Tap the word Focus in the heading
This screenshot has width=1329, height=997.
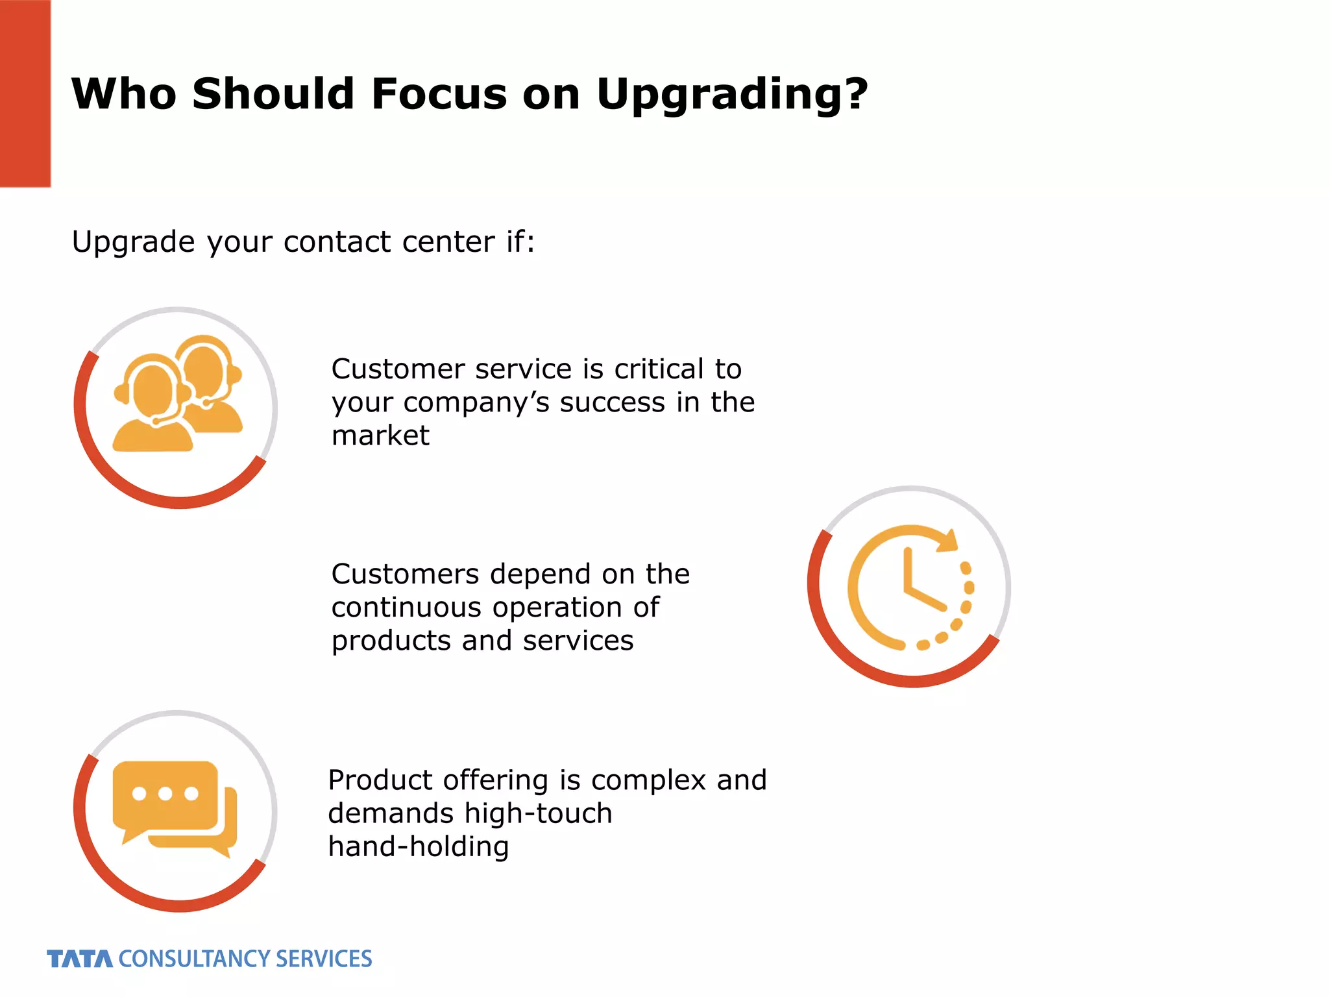(439, 93)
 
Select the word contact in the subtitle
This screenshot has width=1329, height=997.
(337, 242)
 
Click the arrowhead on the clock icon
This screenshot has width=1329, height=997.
(949, 541)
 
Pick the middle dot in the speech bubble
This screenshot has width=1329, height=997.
(165, 793)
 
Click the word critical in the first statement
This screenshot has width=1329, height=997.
(659, 369)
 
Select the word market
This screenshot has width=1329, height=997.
(380, 436)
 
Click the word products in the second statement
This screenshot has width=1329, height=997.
(391, 641)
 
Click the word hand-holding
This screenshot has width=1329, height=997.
(419, 847)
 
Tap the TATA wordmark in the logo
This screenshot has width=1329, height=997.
(80, 959)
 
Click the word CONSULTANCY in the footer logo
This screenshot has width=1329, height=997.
(193, 959)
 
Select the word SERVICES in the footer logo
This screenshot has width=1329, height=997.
(323, 959)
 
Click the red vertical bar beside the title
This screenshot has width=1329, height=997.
(25, 93)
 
